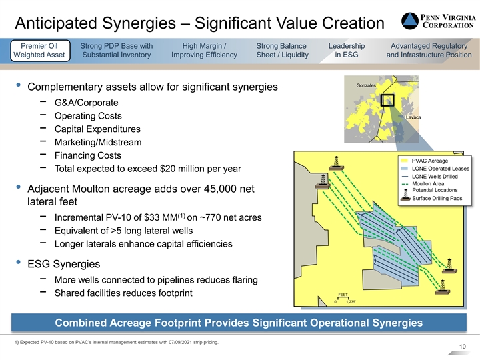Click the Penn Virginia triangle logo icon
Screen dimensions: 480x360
click(410, 21)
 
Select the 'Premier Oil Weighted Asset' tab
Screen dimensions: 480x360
click(40, 51)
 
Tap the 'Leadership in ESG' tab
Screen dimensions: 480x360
click(347, 50)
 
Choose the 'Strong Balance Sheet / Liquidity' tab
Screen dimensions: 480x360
click(282, 50)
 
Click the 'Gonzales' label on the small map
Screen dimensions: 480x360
click(366, 85)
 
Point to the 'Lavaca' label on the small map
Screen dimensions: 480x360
click(413, 117)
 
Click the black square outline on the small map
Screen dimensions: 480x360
click(387, 100)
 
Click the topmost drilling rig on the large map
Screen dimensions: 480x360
click(336, 163)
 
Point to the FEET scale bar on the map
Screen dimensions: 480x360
click(343, 298)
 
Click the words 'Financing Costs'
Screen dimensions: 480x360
click(88, 155)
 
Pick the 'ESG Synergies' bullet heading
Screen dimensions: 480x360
click(64, 264)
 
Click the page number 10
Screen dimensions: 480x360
click(462, 347)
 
